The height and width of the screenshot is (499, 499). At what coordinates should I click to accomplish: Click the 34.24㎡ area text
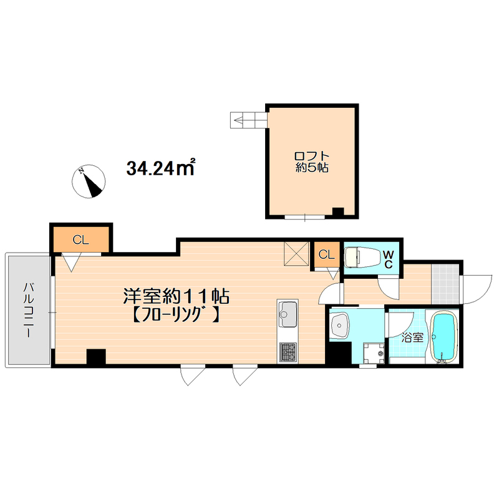161,167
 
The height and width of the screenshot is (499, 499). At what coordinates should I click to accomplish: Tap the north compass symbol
89,182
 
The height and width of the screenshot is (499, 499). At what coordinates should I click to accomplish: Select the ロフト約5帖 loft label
312,162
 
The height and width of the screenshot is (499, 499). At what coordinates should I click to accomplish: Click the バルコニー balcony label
28,310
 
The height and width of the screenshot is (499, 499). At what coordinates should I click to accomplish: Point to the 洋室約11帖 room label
177,296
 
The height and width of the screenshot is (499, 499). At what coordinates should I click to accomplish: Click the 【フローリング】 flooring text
175,315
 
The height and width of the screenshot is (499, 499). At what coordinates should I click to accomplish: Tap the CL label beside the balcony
80,240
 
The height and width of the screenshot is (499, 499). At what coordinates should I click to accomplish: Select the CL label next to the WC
326,254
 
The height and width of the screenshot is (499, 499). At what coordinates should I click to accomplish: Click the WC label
389,259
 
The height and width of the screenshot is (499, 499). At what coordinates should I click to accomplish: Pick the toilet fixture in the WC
362,258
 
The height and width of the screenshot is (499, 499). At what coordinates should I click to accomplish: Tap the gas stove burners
288,352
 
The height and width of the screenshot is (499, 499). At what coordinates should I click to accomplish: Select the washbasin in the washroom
340,325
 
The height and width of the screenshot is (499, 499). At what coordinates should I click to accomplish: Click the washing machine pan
374,353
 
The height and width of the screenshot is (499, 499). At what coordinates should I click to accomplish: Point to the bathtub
443,337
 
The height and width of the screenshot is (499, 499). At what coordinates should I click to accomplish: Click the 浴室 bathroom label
412,337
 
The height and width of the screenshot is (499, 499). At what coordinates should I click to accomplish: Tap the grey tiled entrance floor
445,284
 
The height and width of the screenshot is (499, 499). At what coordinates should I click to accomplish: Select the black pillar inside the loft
338,211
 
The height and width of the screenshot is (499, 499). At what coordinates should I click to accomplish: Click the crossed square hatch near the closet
296,254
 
